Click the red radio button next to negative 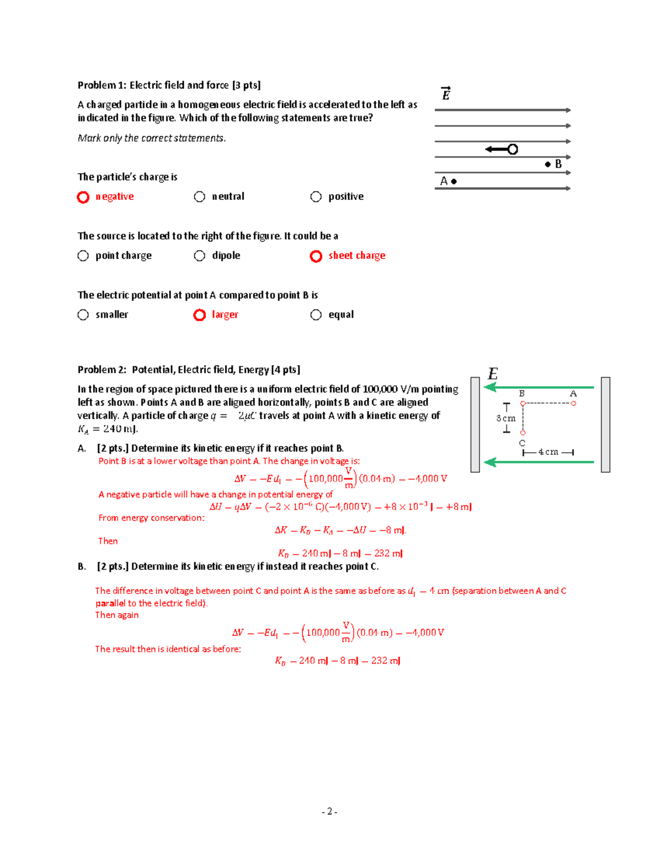tap(83, 197)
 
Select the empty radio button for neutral tap(200, 197)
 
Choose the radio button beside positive tap(316, 197)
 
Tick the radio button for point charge tap(83, 255)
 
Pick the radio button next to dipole tap(200, 255)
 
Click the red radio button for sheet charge tap(316, 256)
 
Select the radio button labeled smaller tap(83, 314)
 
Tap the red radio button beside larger tap(200, 315)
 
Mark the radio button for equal tap(316, 314)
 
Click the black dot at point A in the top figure tap(454, 181)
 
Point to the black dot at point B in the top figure tap(548, 164)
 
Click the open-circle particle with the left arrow tap(513, 149)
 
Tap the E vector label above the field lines tap(446, 94)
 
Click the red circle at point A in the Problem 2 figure tap(574, 404)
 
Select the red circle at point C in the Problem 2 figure tap(522, 433)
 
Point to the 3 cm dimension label tap(506, 418)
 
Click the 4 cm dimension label tap(548, 452)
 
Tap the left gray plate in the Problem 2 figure tap(475, 424)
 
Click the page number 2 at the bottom tap(329, 812)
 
